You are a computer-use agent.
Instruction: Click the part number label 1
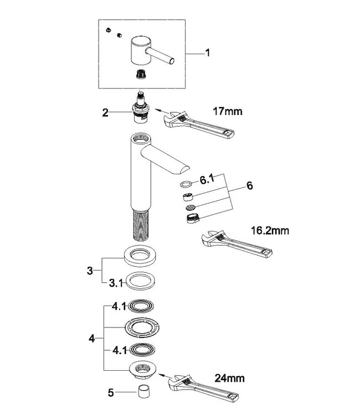pyautogui.click(x=207, y=54)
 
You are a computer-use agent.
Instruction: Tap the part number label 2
pyautogui.click(x=105, y=112)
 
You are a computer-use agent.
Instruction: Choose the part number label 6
pyautogui.click(x=250, y=186)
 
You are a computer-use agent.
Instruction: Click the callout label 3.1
pyautogui.click(x=114, y=283)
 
